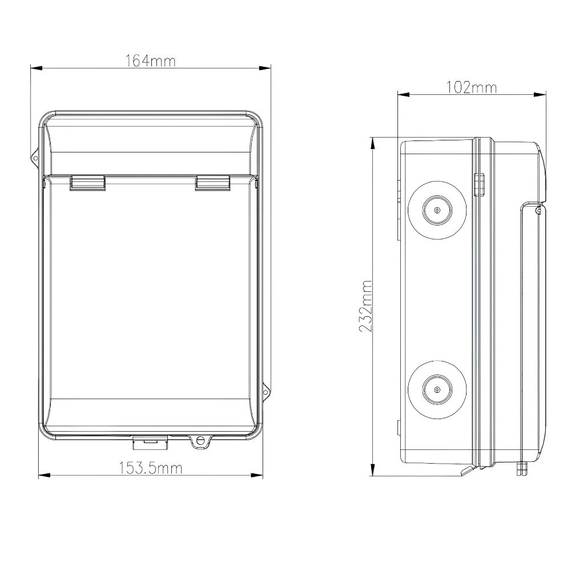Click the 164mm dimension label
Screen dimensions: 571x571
tap(150, 61)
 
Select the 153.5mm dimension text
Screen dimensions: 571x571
tap(151, 468)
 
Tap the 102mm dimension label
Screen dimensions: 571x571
tap(472, 88)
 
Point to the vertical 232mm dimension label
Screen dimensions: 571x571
tap(365, 306)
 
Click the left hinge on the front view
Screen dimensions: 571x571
tap(88, 183)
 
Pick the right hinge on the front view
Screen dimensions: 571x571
tap(212, 183)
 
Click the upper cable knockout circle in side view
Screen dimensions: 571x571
tap(437, 210)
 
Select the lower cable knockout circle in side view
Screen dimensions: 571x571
tap(437, 389)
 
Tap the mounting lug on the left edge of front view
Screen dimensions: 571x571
tap(35, 158)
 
